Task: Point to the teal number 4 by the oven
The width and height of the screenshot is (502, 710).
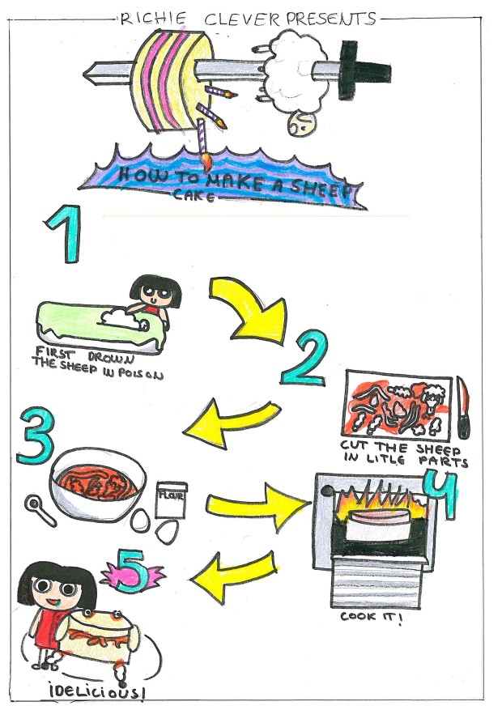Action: coord(441,494)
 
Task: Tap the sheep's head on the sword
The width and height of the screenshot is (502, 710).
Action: coord(302,122)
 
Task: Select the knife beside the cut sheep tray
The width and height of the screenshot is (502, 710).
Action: coord(462,407)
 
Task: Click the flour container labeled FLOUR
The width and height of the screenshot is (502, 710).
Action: coord(171,500)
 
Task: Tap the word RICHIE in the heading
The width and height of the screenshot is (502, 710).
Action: coord(153,19)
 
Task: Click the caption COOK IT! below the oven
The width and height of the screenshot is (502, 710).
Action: coord(371,617)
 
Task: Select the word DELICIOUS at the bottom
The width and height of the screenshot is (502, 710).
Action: coord(98,692)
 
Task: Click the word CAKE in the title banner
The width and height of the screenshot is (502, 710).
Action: coord(194,196)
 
